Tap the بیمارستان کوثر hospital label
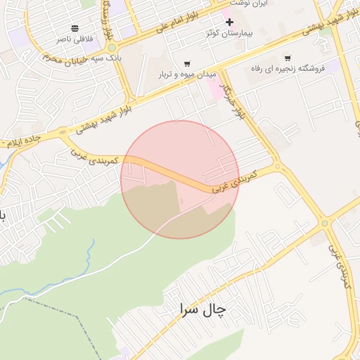coord(229,33)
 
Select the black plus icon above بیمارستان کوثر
coord(229,22)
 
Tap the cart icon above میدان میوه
coord(186,64)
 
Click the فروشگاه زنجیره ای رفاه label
coord(287,69)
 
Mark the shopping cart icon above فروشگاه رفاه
coord(287,58)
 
